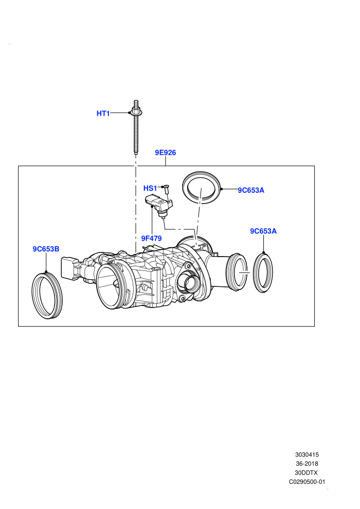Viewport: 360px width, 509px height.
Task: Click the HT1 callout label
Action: (103, 113)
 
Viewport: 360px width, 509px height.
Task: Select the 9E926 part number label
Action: (165, 153)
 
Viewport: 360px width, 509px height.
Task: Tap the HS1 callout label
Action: (150, 188)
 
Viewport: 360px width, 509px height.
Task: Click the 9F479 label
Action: (151, 238)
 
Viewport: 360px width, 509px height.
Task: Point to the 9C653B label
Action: (46, 249)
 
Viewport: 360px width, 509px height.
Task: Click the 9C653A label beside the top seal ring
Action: (251, 190)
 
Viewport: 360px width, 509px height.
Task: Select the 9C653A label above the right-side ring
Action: (263, 231)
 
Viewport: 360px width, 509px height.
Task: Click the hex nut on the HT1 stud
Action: (136, 112)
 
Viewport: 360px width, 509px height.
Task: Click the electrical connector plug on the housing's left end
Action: (69, 268)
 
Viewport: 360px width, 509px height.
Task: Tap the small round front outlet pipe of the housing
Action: (191, 282)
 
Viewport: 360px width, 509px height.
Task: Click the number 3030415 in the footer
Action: (307, 455)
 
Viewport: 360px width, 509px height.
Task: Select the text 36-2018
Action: (307, 464)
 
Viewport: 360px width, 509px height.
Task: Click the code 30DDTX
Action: (307, 472)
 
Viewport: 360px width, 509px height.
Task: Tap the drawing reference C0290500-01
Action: (307, 482)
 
